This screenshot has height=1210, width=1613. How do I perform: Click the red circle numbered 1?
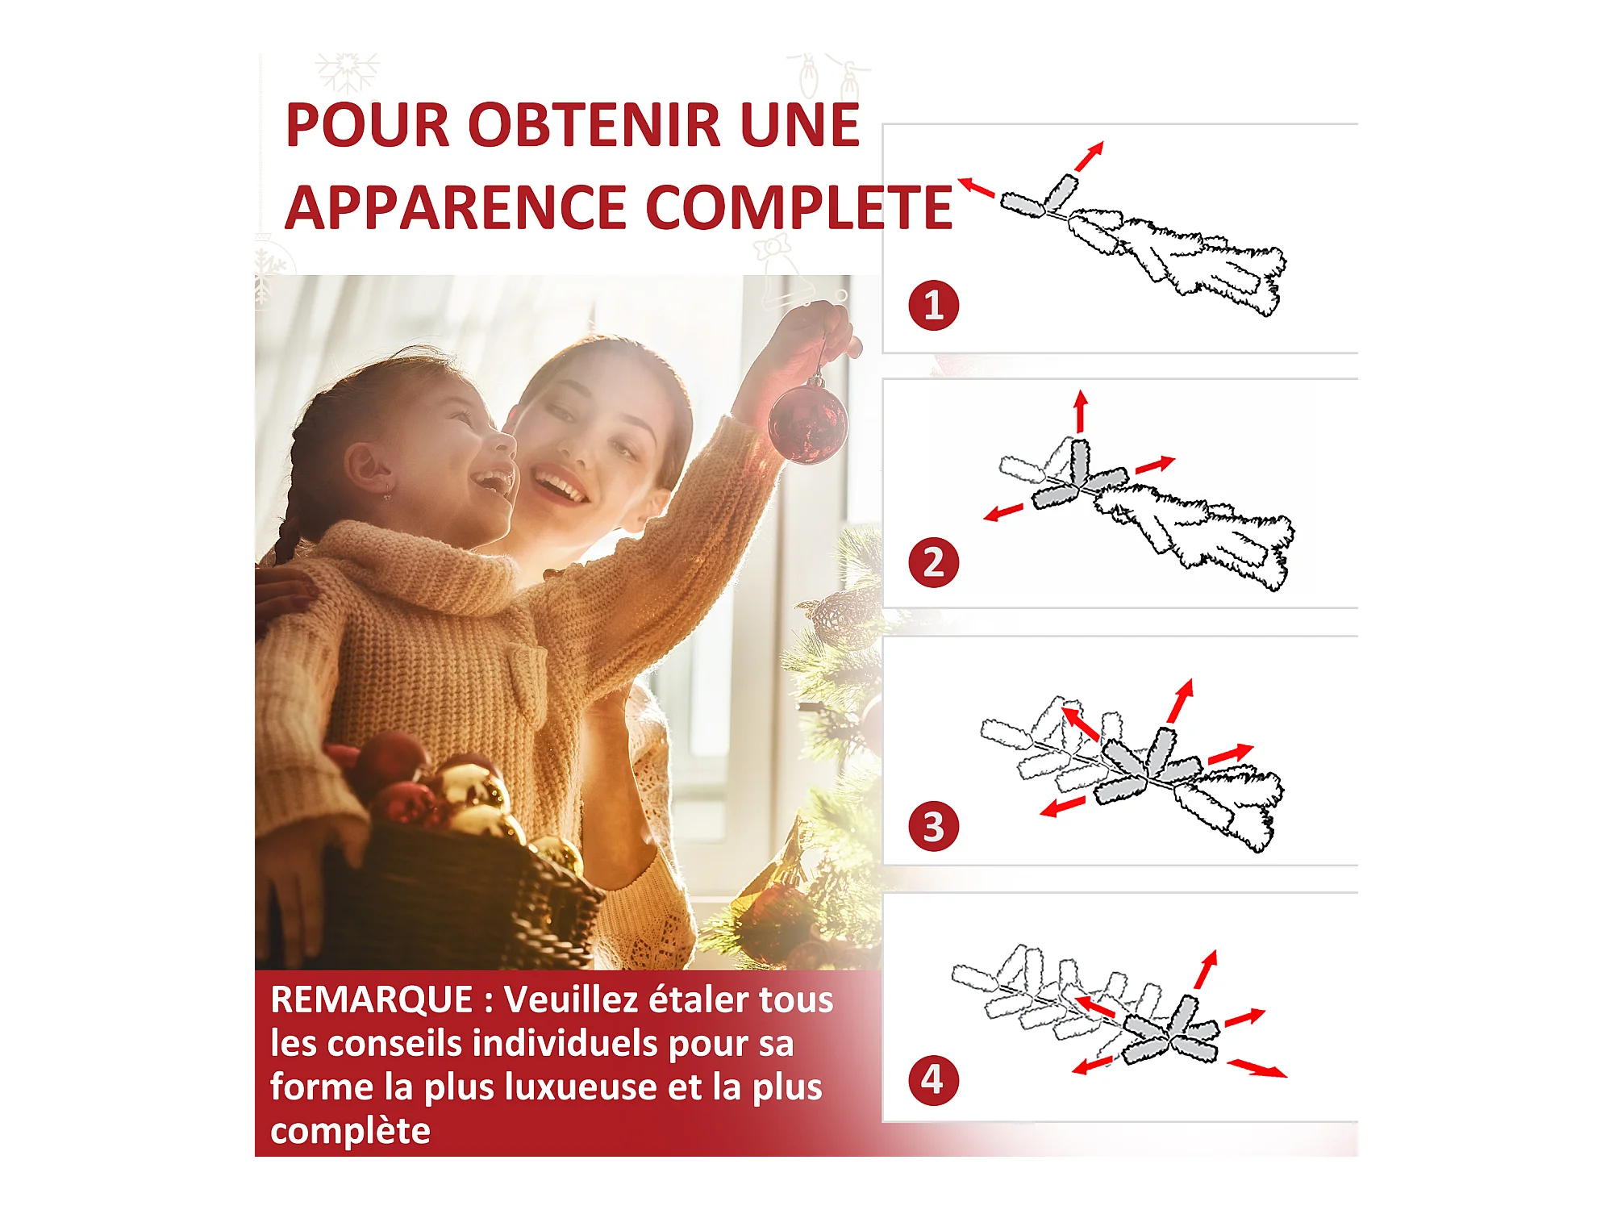pos(933,306)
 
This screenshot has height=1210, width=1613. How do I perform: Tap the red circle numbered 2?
pos(933,562)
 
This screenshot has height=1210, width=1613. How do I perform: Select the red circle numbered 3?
pos(933,826)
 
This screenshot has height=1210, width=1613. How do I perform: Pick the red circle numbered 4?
pos(933,1080)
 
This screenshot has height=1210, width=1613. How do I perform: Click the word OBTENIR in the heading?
pos(595,126)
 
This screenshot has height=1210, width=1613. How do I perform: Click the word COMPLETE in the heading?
pos(799,208)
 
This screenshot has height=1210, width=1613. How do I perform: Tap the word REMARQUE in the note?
pos(372,1000)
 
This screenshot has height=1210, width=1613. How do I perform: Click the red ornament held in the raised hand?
pos(807,422)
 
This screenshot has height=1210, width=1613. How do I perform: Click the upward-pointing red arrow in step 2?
pos(1081,411)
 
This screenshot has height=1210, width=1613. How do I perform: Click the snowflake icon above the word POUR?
pos(347,73)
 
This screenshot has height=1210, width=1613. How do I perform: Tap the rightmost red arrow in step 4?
pos(1257,1069)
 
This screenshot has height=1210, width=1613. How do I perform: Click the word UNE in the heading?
pos(800,126)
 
